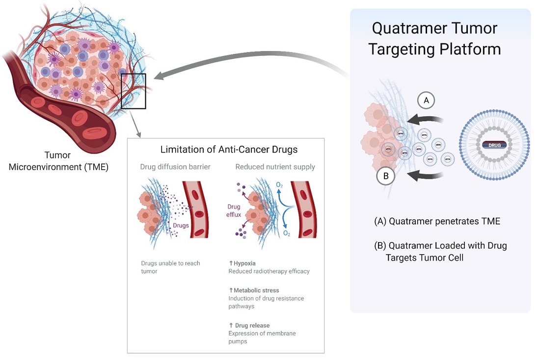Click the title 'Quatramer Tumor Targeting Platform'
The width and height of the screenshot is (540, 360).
pos(434,38)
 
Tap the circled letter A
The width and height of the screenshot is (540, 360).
pos(426,101)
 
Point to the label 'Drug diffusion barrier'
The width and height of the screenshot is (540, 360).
pos(176,167)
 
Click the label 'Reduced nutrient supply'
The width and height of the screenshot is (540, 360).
pos(275,167)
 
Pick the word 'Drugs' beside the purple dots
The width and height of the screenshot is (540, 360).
pos(181,225)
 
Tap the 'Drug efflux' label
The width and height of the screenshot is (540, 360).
pos(234,210)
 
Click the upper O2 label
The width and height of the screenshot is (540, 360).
pos(279,184)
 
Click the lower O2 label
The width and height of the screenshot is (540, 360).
pos(287,233)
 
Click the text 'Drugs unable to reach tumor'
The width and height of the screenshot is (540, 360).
pos(170,267)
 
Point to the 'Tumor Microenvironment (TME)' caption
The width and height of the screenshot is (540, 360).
pos(58,161)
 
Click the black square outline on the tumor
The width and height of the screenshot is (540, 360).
pos(134,91)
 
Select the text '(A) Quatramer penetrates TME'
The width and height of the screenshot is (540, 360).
pos(437,221)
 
